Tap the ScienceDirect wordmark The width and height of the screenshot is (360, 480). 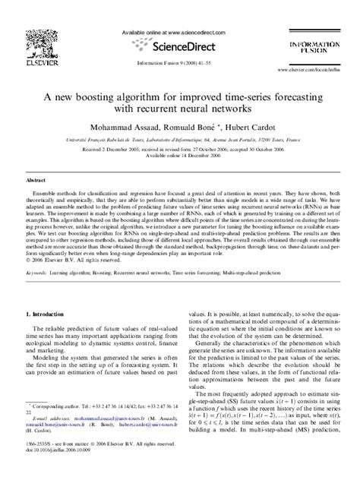(181, 49)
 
